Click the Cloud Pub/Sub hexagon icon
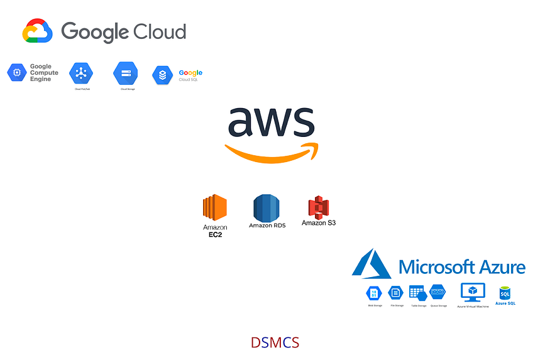81,74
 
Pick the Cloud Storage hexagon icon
125,73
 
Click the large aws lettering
271,122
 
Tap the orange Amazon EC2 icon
214,207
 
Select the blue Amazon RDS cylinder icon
267,208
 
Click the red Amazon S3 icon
318,207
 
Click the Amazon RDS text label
267,226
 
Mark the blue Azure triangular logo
372,264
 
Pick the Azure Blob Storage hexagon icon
375,293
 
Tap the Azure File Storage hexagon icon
396,292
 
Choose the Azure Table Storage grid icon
417,292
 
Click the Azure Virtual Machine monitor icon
473,292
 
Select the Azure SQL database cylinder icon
505,293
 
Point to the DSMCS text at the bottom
275,343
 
